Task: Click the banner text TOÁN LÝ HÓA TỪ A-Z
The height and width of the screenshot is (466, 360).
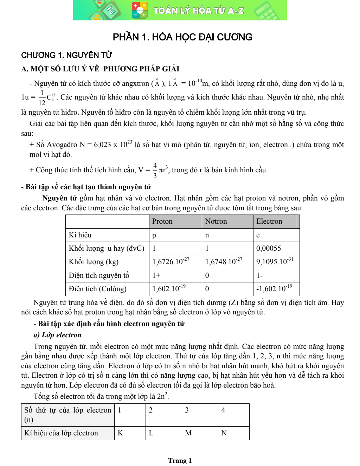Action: [x=198, y=11]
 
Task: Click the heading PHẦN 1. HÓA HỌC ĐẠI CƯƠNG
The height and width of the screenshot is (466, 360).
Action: [x=182, y=37]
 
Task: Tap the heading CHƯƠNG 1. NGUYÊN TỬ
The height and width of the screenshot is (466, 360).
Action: [x=66, y=55]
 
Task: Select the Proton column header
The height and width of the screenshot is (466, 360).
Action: [x=162, y=221]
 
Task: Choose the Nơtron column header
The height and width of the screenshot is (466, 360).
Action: [x=216, y=221]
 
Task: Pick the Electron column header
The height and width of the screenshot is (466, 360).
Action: [x=269, y=221]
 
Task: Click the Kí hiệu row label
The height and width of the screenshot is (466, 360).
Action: [x=80, y=235]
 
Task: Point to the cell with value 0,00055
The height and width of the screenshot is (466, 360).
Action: [x=269, y=248]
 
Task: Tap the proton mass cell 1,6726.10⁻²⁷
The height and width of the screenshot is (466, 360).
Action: [x=171, y=261]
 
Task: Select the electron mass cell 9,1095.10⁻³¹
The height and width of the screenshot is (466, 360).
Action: [x=275, y=261]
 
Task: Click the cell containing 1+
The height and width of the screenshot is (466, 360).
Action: [x=156, y=275]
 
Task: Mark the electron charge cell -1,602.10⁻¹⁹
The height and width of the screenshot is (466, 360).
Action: [x=274, y=289]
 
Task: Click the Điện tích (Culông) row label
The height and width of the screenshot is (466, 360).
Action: [x=97, y=289]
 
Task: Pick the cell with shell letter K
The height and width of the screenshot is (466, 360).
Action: [x=120, y=433]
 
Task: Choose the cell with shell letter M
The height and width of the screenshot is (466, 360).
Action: [x=188, y=433]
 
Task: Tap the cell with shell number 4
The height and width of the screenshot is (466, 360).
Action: [x=223, y=410]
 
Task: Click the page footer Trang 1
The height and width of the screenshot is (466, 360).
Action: [x=180, y=460]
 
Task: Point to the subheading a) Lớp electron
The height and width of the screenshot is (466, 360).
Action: [x=57, y=335]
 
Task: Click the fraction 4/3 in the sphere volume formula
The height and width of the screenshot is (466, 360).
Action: [x=155, y=170]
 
